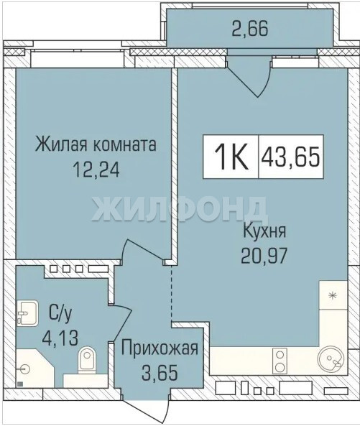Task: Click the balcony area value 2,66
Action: tap(250, 29)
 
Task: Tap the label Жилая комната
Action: tap(96, 144)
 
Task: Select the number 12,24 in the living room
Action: tap(96, 170)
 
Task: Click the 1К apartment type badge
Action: tap(231, 157)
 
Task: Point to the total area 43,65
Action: tap(290, 157)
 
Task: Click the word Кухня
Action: tap(264, 232)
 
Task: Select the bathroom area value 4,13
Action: tap(60, 338)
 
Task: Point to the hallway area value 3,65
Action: tap(160, 372)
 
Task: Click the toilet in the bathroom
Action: tap(87, 359)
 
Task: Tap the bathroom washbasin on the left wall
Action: tap(27, 313)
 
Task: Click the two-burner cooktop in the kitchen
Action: tap(280, 361)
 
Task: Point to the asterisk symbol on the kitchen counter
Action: tap(332, 295)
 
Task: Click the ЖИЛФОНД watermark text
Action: tap(180, 208)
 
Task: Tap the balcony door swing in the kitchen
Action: tap(249, 77)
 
